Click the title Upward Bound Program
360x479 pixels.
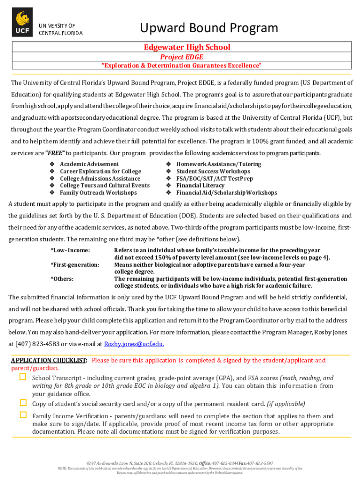(209, 28)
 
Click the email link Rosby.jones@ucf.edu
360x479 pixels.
(134, 344)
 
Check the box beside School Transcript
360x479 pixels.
(22, 377)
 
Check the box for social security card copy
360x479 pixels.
(22, 403)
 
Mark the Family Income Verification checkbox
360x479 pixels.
(22, 415)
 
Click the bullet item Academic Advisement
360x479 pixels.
(89, 164)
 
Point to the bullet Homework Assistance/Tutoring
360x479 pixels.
(218, 164)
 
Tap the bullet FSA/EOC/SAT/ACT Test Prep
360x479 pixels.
(214, 178)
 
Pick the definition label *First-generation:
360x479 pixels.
(75, 265)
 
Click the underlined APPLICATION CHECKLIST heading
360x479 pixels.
(49, 361)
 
